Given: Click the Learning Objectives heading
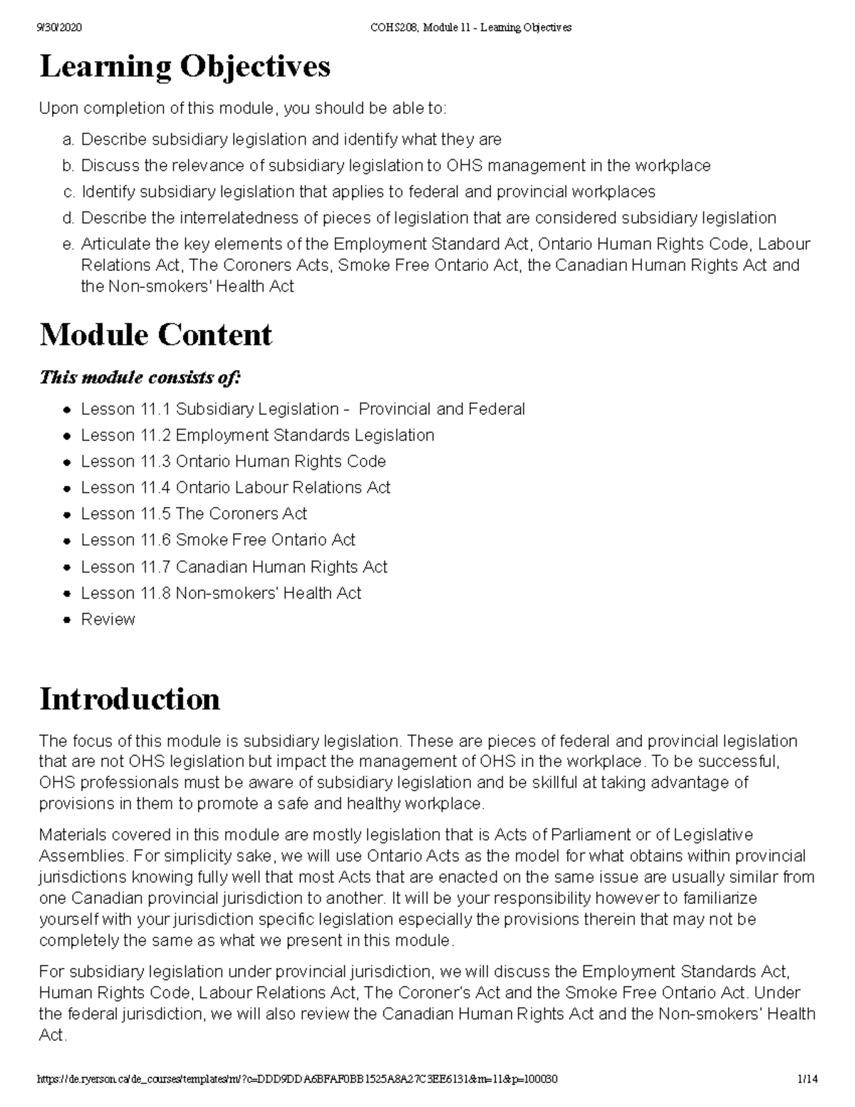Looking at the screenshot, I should click(x=185, y=67).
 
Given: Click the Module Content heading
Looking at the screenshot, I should click(x=155, y=335).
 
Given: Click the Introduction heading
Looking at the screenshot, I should click(x=129, y=699).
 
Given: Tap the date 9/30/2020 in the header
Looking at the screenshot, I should click(x=61, y=28).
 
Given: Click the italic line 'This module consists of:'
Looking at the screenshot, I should click(x=140, y=377).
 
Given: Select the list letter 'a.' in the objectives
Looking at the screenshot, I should click(x=68, y=140).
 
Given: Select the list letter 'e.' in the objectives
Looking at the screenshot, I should click(x=68, y=244).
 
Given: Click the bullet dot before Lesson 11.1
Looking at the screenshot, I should click(x=66, y=411).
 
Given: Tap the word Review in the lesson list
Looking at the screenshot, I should click(x=108, y=619).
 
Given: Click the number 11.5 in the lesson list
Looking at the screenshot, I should click(x=155, y=514).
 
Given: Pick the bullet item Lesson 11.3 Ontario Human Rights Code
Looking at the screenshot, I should click(x=233, y=462).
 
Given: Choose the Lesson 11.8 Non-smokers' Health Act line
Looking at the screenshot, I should click(x=221, y=593).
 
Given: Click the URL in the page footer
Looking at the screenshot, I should click(x=296, y=1079).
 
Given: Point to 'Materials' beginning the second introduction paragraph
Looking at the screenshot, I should click(x=73, y=835).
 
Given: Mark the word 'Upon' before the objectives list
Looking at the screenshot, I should click(x=58, y=109).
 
